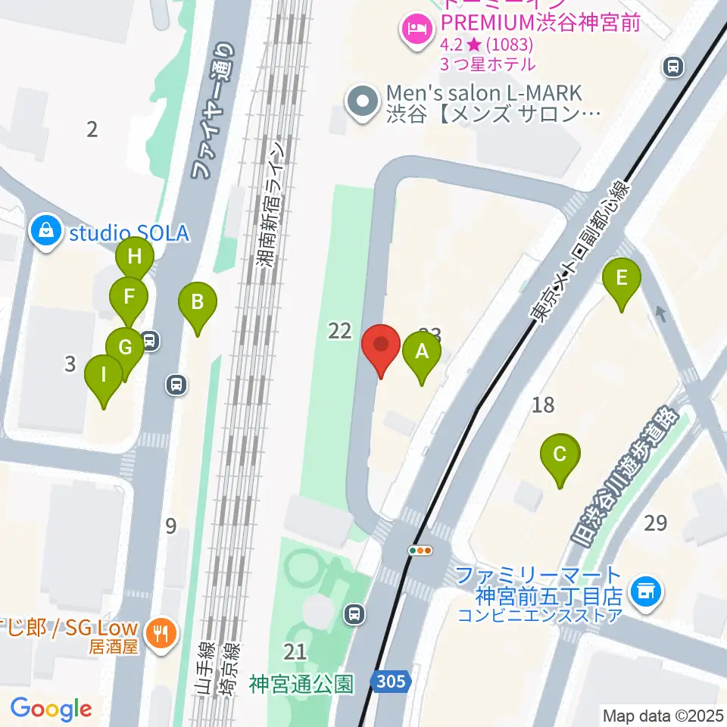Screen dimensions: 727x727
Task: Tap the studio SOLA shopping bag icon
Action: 47,232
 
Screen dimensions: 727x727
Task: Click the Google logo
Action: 51,710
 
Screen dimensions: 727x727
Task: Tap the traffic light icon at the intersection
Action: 420,551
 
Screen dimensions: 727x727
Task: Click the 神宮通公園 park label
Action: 301,685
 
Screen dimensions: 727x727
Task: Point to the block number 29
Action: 656,523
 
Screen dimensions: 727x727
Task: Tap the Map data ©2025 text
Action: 662,715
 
